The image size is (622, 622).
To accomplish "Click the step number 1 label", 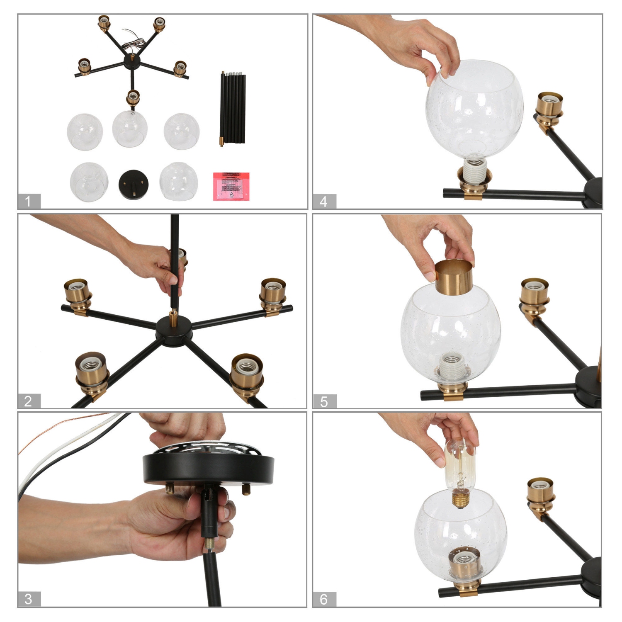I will pyautogui.click(x=29, y=201).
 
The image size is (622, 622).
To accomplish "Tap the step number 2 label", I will pyautogui.click(x=29, y=401).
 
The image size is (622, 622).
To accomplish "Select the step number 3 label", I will pyautogui.click(x=29, y=599).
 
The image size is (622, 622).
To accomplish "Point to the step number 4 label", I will pyautogui.click(x=324, y=201).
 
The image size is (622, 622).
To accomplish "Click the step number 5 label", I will pyautogui.click(x=324, y=401).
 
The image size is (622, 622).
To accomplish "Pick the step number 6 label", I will pyautogui.click(x=324, y=599).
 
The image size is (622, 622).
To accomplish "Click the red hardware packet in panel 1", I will pyautogui.click(x=231, y=186).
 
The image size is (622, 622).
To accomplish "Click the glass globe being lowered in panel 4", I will pyautogui.click(x=474, y=108).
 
